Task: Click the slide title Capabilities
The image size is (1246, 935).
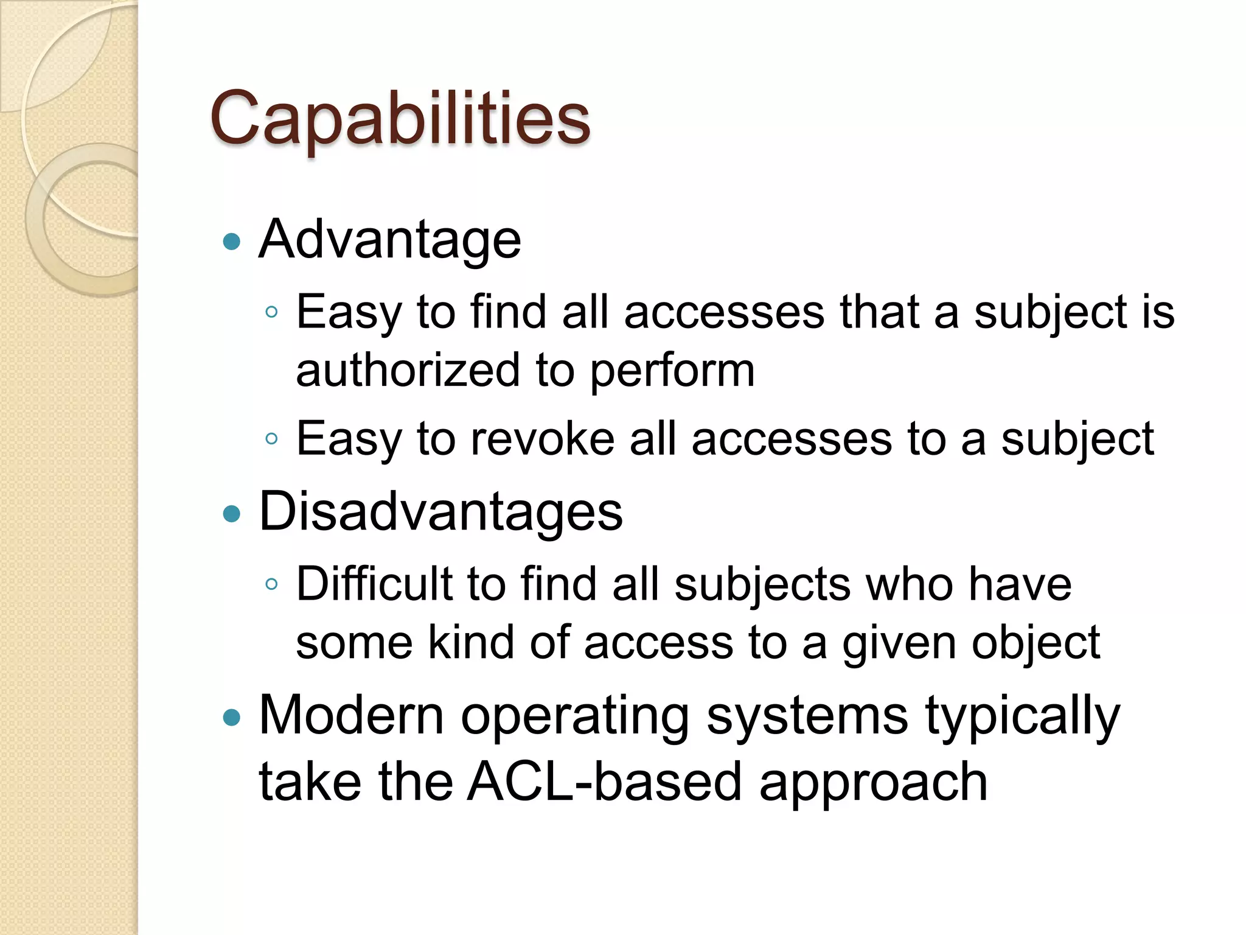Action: coord(400,119)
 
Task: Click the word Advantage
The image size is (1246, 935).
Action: coord(389,239)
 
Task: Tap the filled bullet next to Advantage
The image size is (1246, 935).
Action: coord(232,242)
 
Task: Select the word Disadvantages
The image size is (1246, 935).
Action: coord(440,511)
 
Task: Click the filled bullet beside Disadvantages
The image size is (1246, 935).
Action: coord(232,514)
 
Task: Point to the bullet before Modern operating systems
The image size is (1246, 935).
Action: coord(232,718)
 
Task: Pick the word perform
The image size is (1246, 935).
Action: coord(672,371)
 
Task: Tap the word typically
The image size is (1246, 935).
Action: coord(1022,717)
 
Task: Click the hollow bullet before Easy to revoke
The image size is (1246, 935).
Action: coord(272,439)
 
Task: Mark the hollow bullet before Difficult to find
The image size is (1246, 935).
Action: coord(272,584)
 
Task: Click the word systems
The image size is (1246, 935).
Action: coord(807,717)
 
